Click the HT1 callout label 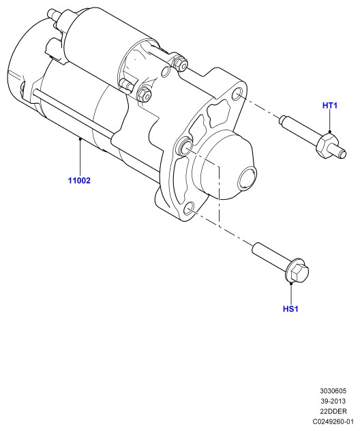[329, 105]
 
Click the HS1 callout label [290, 309]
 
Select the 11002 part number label [79, 181]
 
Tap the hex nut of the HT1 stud [327, 145]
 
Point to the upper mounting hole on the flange [237, 94]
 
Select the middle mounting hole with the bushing [185, 147]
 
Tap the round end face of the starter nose [247, 180]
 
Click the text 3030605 [333, 391]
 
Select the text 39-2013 [333, 401]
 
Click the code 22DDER [333, 411]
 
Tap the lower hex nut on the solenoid [144, 93]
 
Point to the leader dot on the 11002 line [80, 139]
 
